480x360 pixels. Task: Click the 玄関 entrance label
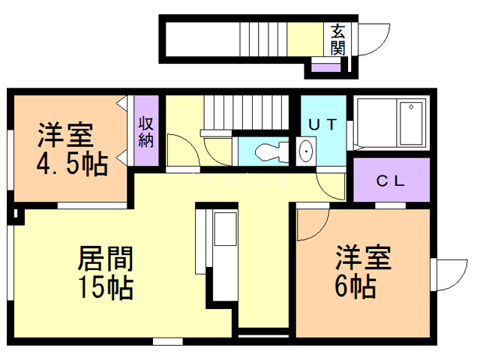[x=338, y=39]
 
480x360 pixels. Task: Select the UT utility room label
[x=323, y=125]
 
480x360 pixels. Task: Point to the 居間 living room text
[x=105, y=259]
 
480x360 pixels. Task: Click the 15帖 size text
[x=105, y=286]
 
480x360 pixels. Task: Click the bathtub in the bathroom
[x=412, y=124]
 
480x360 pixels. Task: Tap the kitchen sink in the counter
[x=224, y=229]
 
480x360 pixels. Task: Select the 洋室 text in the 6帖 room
[x=362, y=259]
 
